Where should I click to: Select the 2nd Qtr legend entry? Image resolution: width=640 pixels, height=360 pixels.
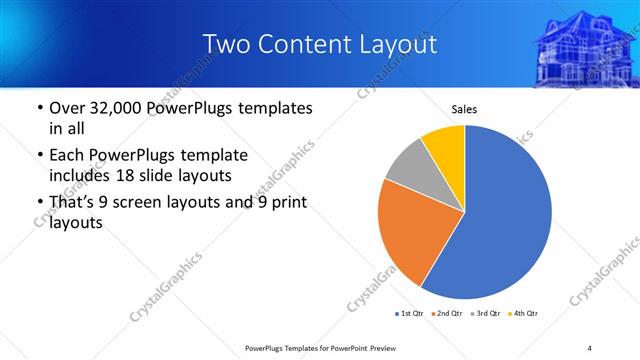(x=446, y=314)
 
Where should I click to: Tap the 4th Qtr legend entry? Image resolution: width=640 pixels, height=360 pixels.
(x=523, y=314)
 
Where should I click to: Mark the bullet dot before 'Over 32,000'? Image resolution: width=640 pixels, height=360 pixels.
(x=39, y=107)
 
